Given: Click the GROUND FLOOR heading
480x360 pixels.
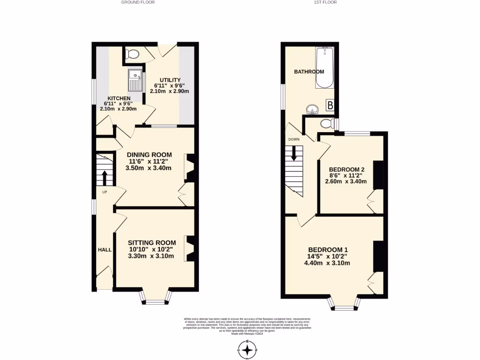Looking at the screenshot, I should click(x=138, y=2).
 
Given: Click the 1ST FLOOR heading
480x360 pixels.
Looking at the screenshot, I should click(x=325, y=2).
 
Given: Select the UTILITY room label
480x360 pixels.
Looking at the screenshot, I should click(x=169, y=80).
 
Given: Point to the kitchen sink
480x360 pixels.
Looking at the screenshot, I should click(x=135, y=80).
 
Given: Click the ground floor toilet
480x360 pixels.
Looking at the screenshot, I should click(x=133, y=54).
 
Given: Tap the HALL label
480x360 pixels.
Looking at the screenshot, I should click(x=105, y=250).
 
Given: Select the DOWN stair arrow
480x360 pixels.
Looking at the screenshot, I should click(x=294, y=153).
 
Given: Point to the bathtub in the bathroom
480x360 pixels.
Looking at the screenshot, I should click(x=325, y=67).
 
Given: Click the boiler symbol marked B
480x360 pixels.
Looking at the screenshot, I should click(x=330, y=105).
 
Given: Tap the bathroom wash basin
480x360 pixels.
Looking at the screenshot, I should click(x=312, y=109).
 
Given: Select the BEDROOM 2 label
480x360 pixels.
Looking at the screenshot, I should click(x=346, y=169).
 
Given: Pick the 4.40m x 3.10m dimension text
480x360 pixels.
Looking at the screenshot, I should click(x=327, y=263).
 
